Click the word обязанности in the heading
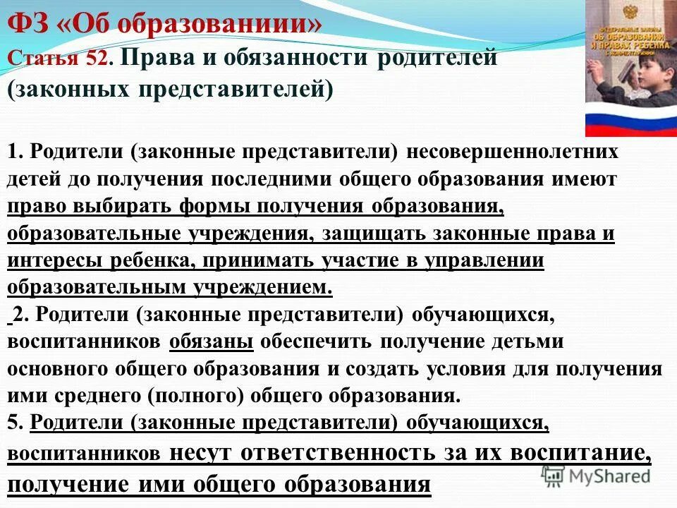279,58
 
